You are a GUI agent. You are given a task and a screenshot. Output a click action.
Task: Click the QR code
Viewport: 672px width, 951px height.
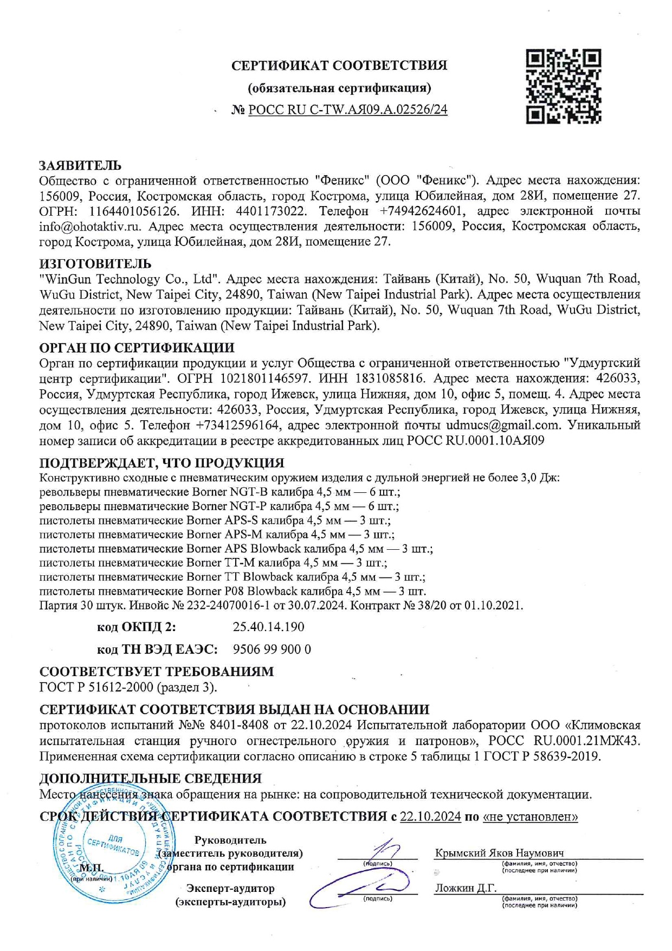[563, 87]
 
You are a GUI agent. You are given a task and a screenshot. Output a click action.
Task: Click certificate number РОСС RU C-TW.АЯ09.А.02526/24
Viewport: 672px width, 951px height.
[347, 110]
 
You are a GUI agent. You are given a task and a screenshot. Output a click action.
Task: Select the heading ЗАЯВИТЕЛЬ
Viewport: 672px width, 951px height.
[80, 165]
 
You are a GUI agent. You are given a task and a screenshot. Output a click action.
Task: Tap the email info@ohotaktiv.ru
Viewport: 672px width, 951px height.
[90, 226]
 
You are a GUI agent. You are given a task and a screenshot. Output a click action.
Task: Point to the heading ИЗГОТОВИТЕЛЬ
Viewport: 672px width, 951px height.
[95, 264]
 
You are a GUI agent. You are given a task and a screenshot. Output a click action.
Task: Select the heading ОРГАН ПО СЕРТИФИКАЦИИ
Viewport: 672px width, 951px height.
[137, 348]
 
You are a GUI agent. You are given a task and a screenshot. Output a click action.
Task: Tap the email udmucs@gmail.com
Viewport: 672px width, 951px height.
[503, 425]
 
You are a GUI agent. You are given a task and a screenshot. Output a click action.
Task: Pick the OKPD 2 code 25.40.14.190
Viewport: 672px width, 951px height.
[268, 627]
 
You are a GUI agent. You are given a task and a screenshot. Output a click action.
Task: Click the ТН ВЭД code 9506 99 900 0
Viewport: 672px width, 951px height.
[272, 649]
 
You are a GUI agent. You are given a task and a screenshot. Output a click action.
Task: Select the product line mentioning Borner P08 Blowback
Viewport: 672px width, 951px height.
[232, 591]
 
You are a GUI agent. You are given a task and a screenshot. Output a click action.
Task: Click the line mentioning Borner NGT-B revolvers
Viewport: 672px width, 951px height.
[219, 492]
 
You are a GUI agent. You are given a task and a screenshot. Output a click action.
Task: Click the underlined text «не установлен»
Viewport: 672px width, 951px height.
[530, 817]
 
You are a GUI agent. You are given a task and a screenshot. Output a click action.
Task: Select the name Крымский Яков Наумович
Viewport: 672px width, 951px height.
[499, 853]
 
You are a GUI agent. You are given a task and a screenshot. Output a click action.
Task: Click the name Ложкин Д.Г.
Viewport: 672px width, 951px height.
[466, 888]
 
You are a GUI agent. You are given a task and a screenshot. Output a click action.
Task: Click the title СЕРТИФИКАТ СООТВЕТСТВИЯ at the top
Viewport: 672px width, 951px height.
[339, 66]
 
